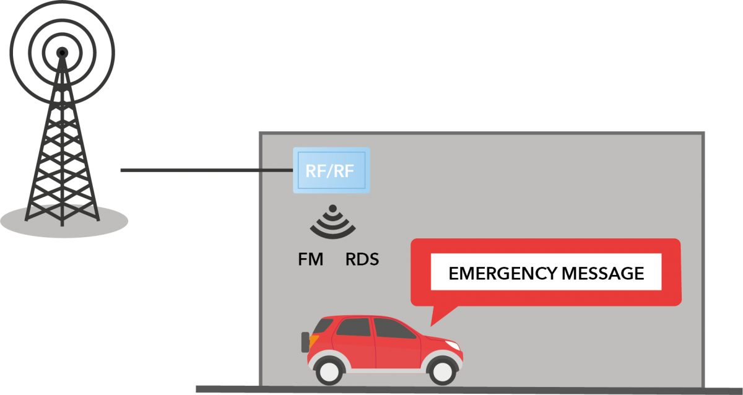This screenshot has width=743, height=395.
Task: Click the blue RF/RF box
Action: click(x=331, y=170)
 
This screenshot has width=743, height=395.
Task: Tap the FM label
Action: click(x=311, y=259)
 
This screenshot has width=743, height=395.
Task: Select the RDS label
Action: click(x=362, y=259)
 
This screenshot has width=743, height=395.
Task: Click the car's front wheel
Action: click(x=441, y=370)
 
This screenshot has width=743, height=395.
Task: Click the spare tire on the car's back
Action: click(x=305, y=342)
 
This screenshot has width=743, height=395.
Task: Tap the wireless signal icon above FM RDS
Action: click(x=333, y=224)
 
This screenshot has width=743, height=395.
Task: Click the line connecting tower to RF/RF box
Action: click(x=204, y=170)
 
